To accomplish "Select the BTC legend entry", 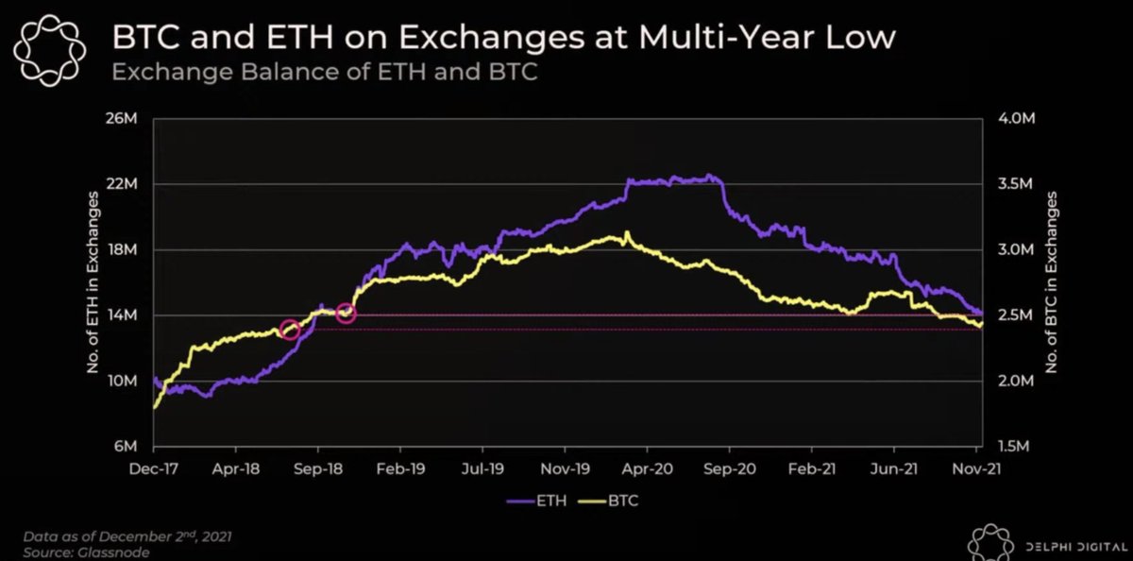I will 613,501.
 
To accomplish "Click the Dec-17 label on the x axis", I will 154,466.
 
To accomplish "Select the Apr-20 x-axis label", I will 646,466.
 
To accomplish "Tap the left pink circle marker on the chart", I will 291,331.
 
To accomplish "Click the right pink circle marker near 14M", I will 346,314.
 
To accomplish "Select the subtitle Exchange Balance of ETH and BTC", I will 324,72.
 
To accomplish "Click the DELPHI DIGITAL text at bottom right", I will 1073,543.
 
